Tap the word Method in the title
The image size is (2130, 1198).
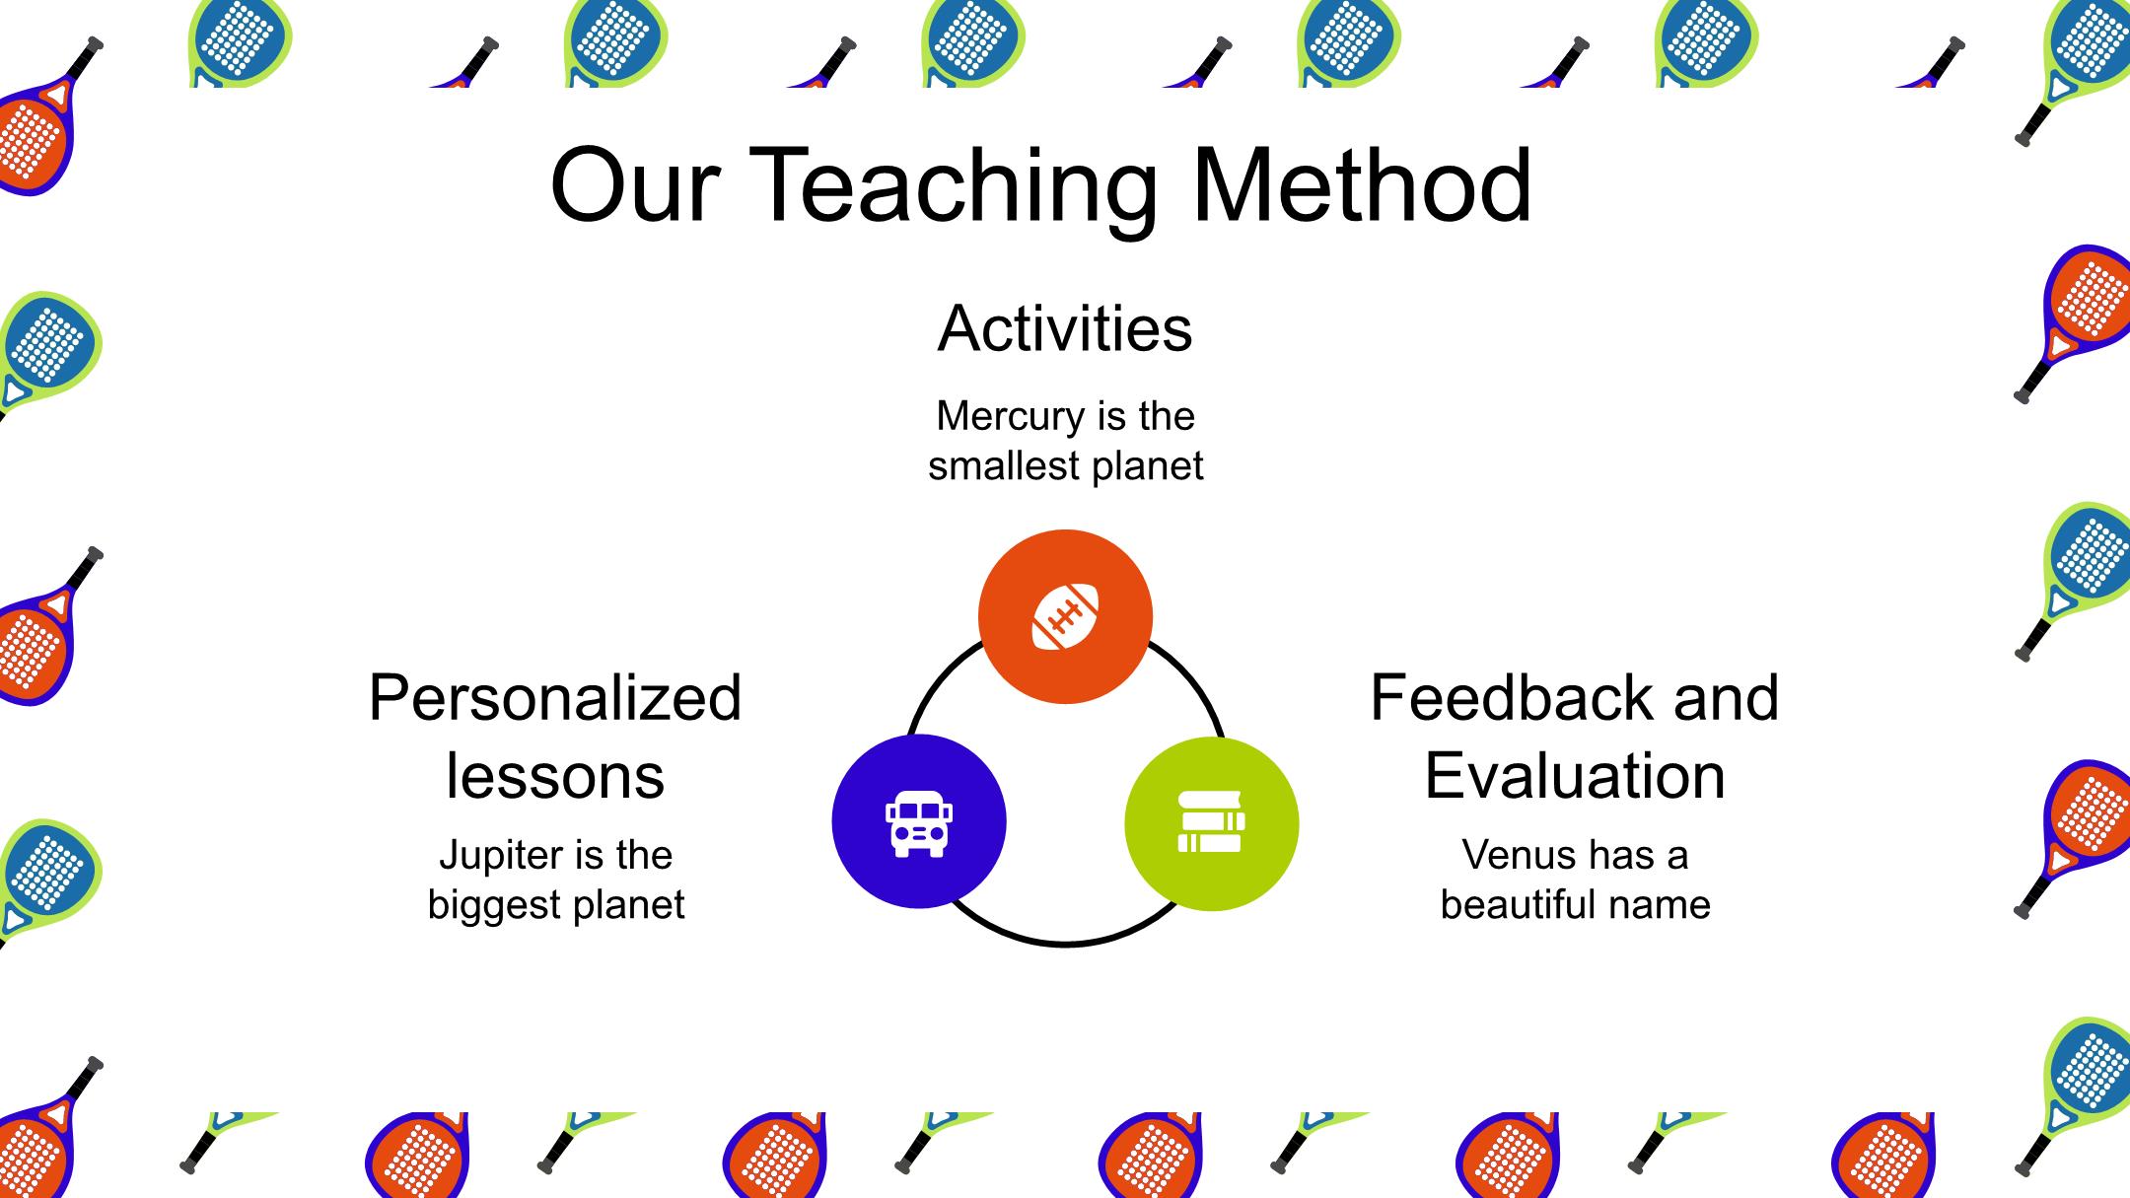(1362, 185)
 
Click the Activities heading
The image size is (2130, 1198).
(1065, 328)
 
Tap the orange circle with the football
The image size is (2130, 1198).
(1065, 616)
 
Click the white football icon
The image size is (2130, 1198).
(1065, 617)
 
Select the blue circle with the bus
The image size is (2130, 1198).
(919, 821)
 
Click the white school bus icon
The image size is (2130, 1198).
(919, 823)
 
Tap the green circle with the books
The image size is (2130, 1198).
(1212, 823)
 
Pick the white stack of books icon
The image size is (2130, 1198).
(1212, 821)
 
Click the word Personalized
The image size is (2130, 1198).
(555, 698)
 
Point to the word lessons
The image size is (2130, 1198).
(555, 776)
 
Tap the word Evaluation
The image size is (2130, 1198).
(1575, 776)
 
